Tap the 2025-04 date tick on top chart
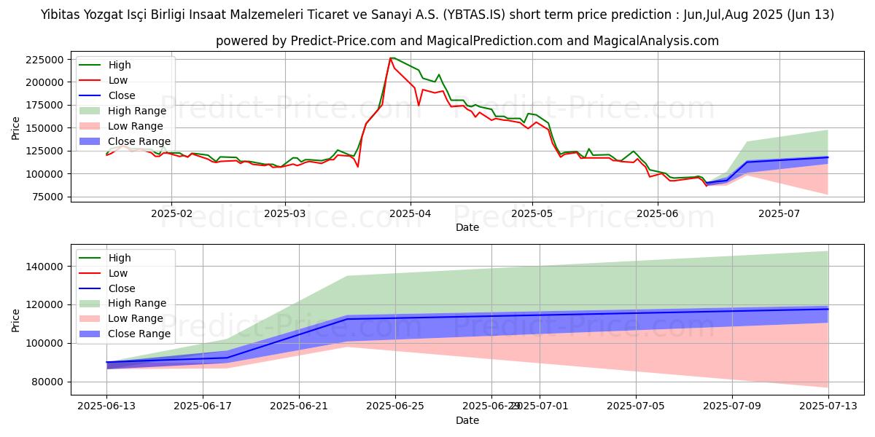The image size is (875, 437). pos(410,213)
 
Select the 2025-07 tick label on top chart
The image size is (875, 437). pos(779,213)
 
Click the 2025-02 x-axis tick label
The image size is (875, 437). pos(171,213)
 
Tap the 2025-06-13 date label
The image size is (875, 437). pos(106,406)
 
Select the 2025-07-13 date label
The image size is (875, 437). pos(828,406)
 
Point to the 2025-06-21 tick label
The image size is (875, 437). pos(299,406)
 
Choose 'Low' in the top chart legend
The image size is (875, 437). pos(118,80)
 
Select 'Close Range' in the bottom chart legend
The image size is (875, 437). pos(139,334)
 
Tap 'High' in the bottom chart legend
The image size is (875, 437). pos(120,258)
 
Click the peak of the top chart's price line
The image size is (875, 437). pos(392,58)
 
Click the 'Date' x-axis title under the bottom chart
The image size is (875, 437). pos(467,420)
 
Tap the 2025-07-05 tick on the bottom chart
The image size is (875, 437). pos(636,406)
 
